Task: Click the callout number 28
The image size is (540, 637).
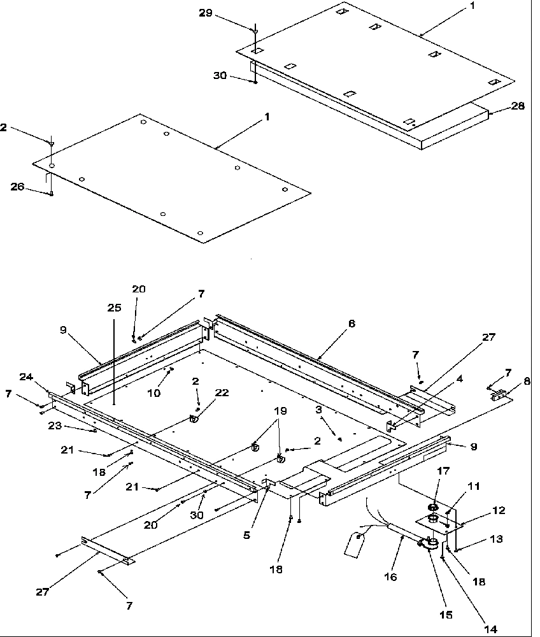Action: tap(518, 106)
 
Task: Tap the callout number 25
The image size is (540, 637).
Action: tap(113, 307)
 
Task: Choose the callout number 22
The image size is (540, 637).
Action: tap(222, 393)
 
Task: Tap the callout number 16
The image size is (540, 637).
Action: tap(390, 577)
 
